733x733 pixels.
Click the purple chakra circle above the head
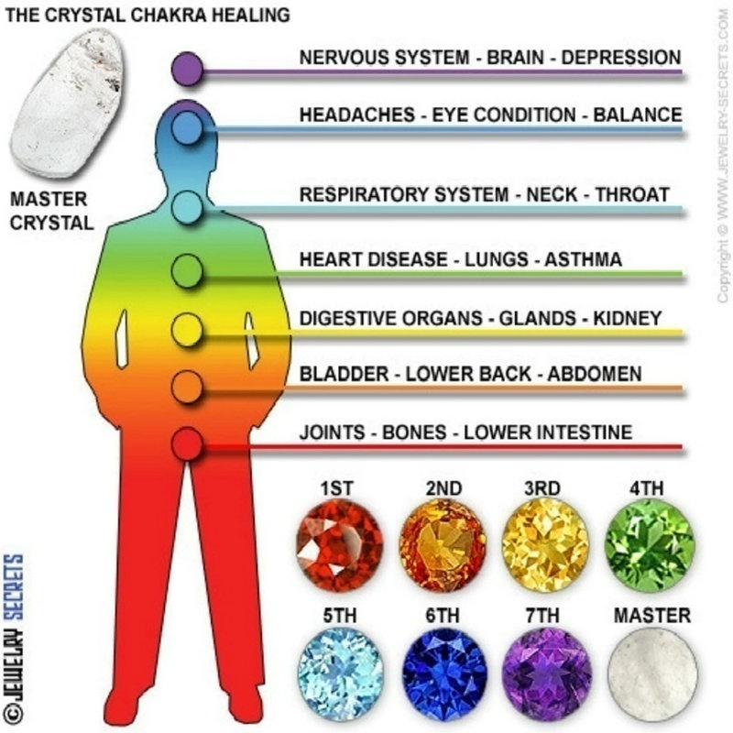(187, 69)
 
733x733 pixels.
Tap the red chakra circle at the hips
(187, 444)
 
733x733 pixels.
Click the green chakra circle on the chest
(187, 269)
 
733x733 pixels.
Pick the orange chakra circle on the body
(187, 386)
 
